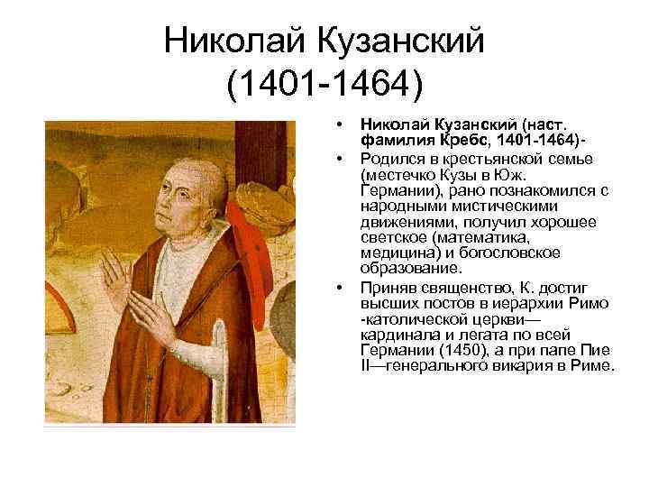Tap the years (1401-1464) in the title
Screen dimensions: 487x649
point(324,86)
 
